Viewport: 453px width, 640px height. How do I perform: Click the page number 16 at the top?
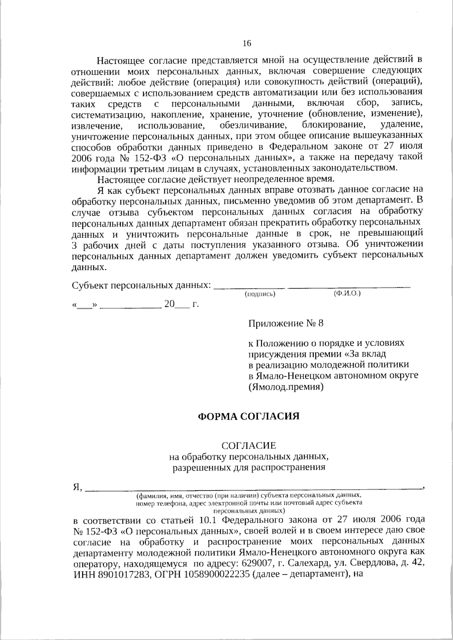[247, 43]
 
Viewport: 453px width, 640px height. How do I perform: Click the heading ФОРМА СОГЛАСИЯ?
[249, 416]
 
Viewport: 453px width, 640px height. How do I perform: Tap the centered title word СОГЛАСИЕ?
[249, 446]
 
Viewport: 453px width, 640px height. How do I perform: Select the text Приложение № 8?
[286, 323]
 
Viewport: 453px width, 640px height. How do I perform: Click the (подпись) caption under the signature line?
[260, 294]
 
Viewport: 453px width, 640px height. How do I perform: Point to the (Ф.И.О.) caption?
[347, 293]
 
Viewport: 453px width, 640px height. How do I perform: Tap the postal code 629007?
[260, 563]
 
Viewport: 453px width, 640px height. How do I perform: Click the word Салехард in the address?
[305, 563]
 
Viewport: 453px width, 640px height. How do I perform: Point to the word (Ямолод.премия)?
[286, 387]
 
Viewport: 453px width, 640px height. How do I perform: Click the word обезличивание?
[252, 125]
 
